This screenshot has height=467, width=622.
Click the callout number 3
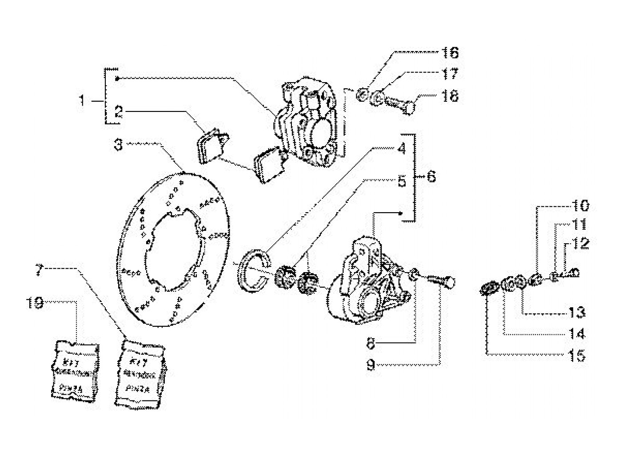118,145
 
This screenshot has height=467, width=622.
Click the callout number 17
450,74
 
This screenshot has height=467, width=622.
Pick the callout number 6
431,177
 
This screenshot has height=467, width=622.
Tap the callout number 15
577,355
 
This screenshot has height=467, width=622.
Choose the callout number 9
371,365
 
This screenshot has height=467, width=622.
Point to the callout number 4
402,149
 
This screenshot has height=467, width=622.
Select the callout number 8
371,343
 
